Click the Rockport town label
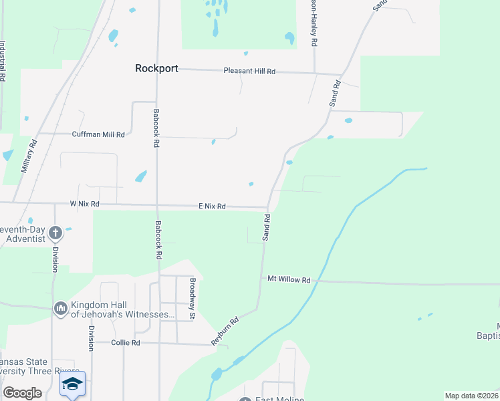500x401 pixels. pos(156,68)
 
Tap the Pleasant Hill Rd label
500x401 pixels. pos(249,71)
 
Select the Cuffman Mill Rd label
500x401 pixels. pos(98,134)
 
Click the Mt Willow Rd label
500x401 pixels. pos(289,280)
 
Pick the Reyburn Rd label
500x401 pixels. pos(225,330)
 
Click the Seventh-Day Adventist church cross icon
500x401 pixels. pos(55,233)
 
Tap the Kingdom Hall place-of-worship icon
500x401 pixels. pos(60,308)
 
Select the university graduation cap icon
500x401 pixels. pos(72,384)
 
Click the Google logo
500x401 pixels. pos(23,393)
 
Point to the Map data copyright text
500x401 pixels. pos(471,396)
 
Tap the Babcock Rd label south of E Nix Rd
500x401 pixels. pos(159,239)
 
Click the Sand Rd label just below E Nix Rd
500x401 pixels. pos(266,227)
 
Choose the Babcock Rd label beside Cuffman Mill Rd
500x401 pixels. pos(156,128)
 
